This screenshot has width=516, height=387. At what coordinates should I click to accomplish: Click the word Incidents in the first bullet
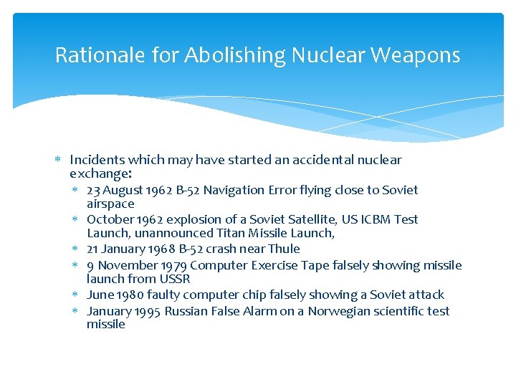(96, 160)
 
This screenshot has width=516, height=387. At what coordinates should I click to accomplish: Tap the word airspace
(110, 204)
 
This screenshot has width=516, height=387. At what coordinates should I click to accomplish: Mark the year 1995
(146, 311)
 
